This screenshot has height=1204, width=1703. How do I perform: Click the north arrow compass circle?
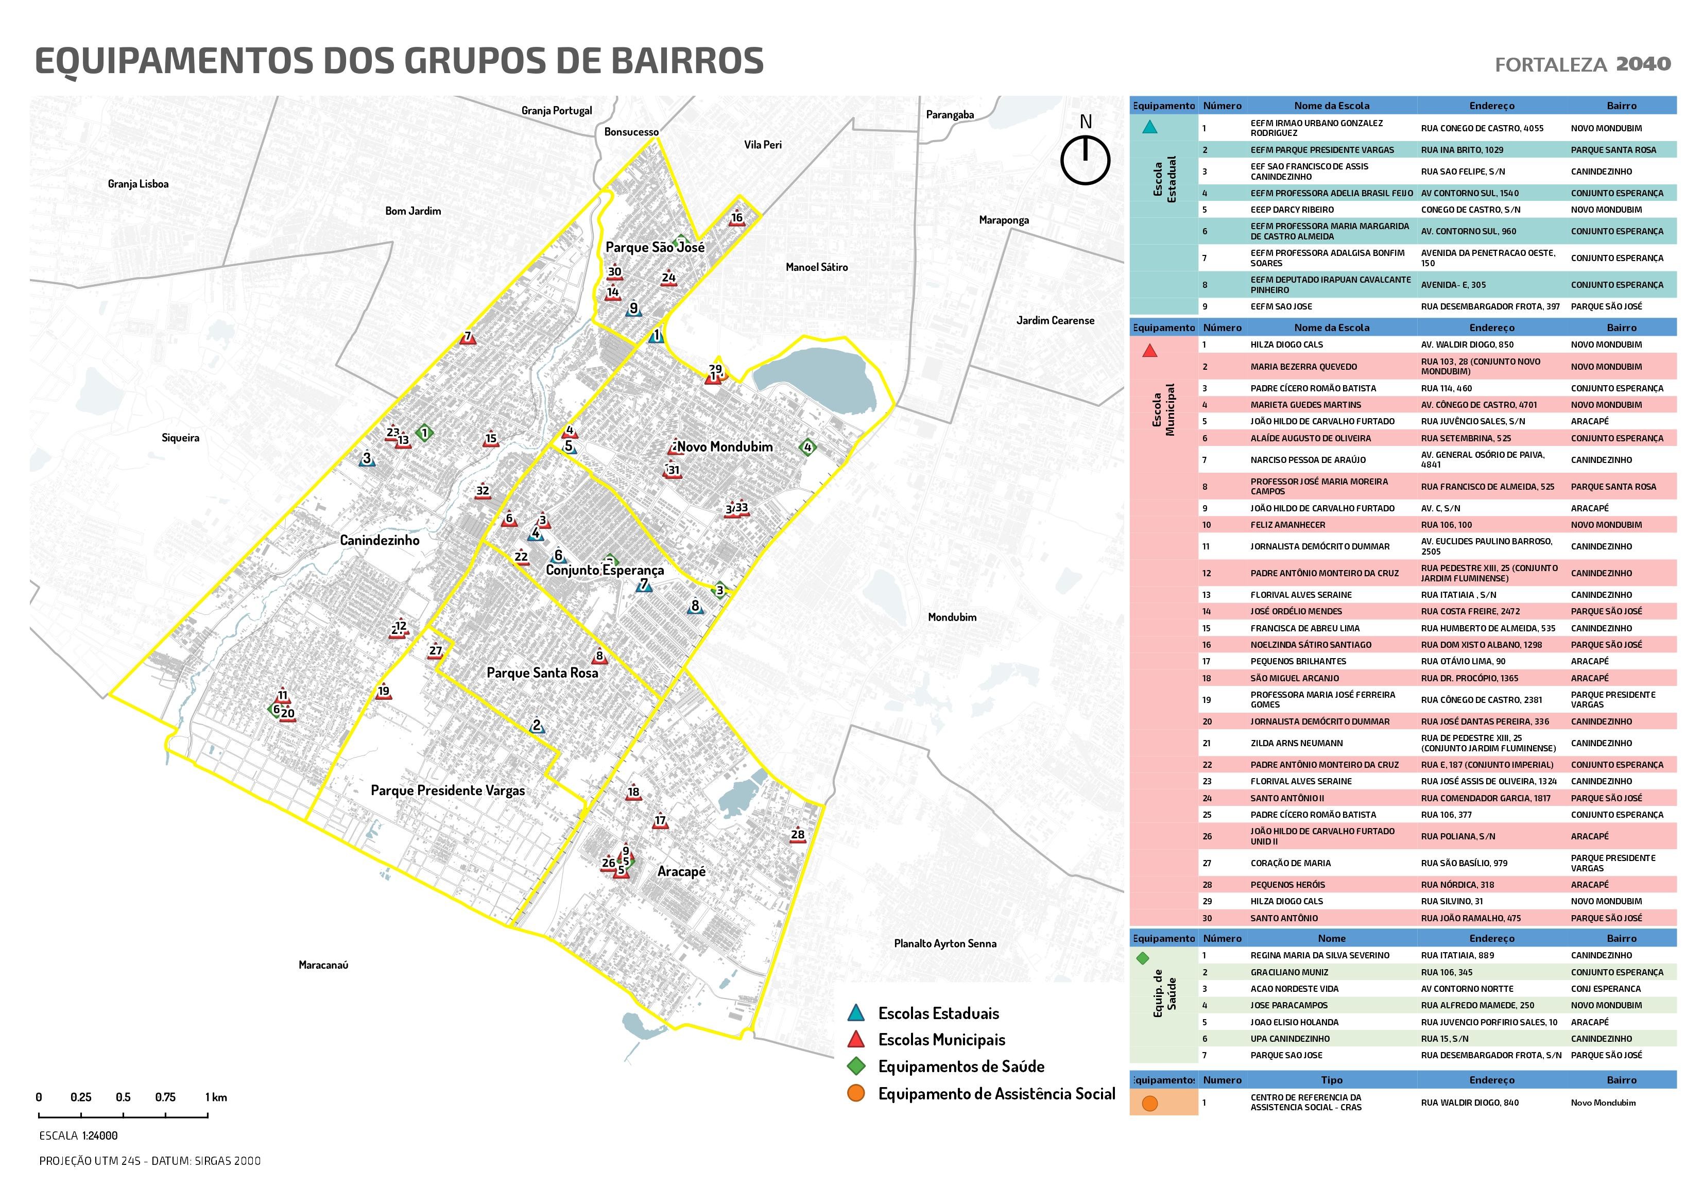1085,160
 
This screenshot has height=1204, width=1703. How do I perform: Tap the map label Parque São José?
654,247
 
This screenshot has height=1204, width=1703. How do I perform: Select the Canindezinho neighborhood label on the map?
379,540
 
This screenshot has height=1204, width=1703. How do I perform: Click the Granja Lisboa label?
138,184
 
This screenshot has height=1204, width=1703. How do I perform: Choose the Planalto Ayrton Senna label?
944,943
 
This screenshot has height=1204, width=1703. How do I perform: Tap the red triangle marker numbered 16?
736,219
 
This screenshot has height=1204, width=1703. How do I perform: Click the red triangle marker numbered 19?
383,692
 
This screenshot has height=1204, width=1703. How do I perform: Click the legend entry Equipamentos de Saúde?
960,1067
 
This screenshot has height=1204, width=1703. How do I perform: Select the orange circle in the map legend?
856,1093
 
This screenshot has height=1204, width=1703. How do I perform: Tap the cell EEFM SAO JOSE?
1281,306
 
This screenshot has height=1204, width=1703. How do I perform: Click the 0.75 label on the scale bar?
165,1097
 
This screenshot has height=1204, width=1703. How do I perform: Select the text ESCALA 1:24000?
79,1136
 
